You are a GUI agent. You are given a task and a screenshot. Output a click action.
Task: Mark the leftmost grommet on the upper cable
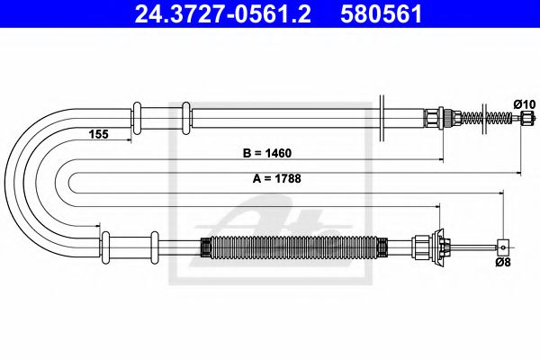coord(137,117)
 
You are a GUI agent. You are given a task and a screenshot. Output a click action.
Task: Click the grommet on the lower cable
coord(105,243)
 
